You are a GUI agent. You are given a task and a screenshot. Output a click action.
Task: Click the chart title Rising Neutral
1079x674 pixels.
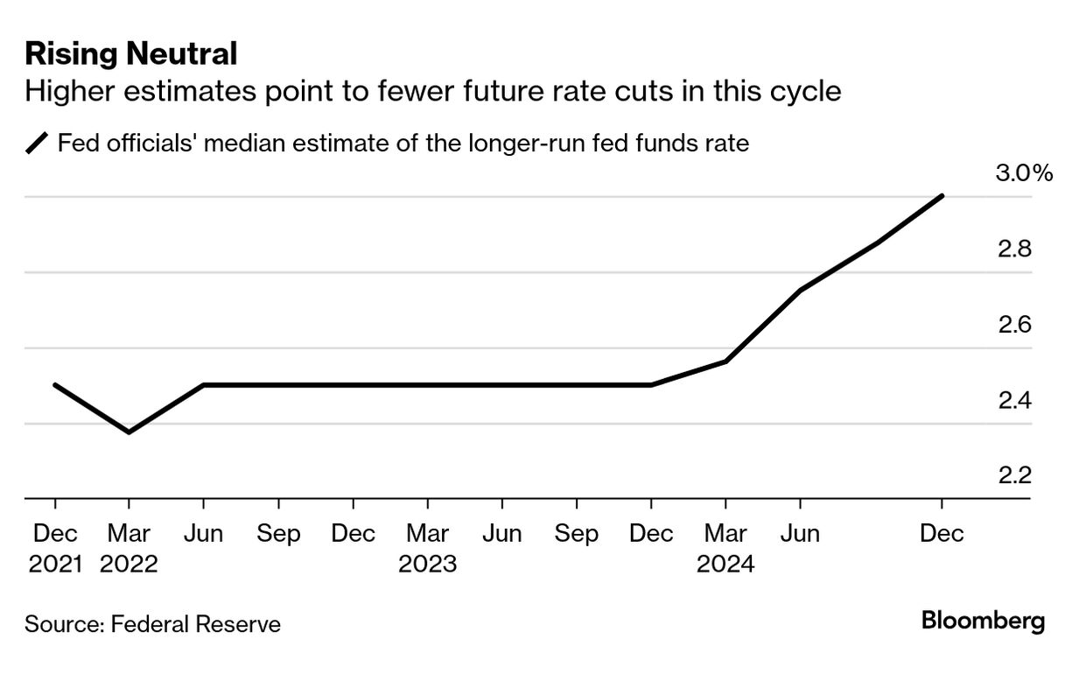coord(131,54)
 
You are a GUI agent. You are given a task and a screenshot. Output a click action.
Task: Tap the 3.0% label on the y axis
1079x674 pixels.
coord(1024,172)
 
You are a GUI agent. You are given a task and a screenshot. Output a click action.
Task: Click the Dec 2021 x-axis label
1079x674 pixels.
coord(55,548)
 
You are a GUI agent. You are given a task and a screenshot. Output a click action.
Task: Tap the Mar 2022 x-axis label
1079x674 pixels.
coord(130,548)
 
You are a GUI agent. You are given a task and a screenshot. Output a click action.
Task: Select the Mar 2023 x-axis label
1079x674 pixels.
coord(428,548)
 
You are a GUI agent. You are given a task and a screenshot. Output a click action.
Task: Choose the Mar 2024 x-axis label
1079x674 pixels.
coord(725,548)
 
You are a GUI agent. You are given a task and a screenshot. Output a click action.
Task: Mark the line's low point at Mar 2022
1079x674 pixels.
coord(130,432)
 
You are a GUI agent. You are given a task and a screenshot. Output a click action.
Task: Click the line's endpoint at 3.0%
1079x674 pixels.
coord(942,196)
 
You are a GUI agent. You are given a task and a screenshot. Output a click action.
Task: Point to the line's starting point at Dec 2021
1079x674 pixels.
coord(55,384)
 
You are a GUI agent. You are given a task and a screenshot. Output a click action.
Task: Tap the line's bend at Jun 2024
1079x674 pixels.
coord(800,290)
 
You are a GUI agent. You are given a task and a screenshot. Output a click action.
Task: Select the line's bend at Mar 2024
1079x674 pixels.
coord(725,362)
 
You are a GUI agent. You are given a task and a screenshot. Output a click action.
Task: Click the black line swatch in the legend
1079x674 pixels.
coord(38,143)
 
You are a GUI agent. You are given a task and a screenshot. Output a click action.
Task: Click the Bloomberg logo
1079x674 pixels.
coord(983,621)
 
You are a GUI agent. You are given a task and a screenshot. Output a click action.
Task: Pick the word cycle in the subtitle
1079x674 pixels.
coord(801,92)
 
